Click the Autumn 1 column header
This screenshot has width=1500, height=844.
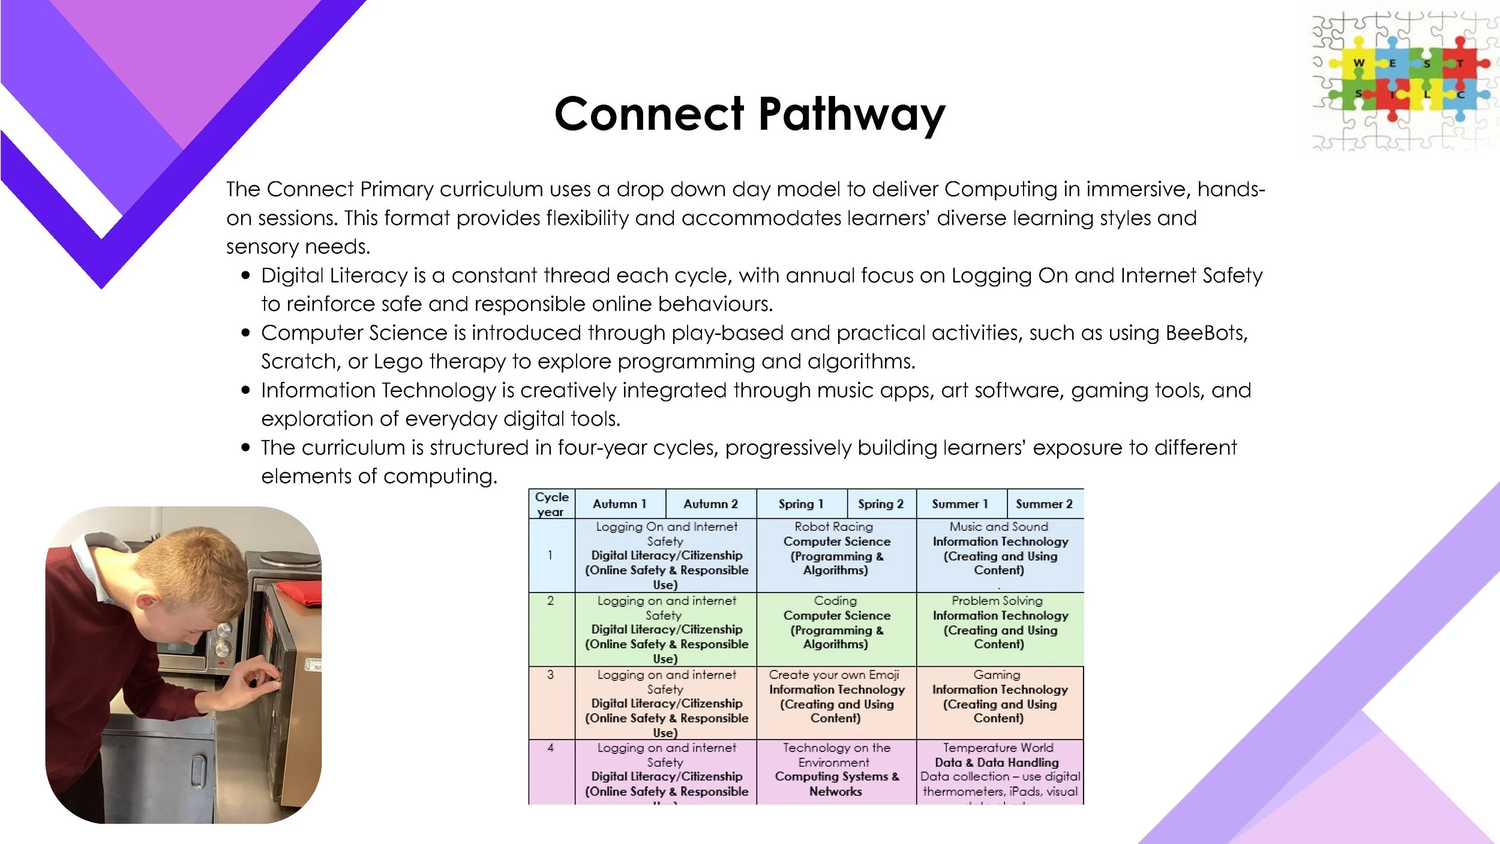619,504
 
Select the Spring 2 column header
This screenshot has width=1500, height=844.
880,504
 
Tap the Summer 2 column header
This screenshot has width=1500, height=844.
1044,504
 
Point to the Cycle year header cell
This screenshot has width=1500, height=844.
551,504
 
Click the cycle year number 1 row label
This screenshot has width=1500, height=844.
550,555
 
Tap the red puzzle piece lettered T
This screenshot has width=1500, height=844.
1460,63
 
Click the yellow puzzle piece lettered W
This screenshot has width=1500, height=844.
1359,63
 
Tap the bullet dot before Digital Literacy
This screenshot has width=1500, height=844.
245,276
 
